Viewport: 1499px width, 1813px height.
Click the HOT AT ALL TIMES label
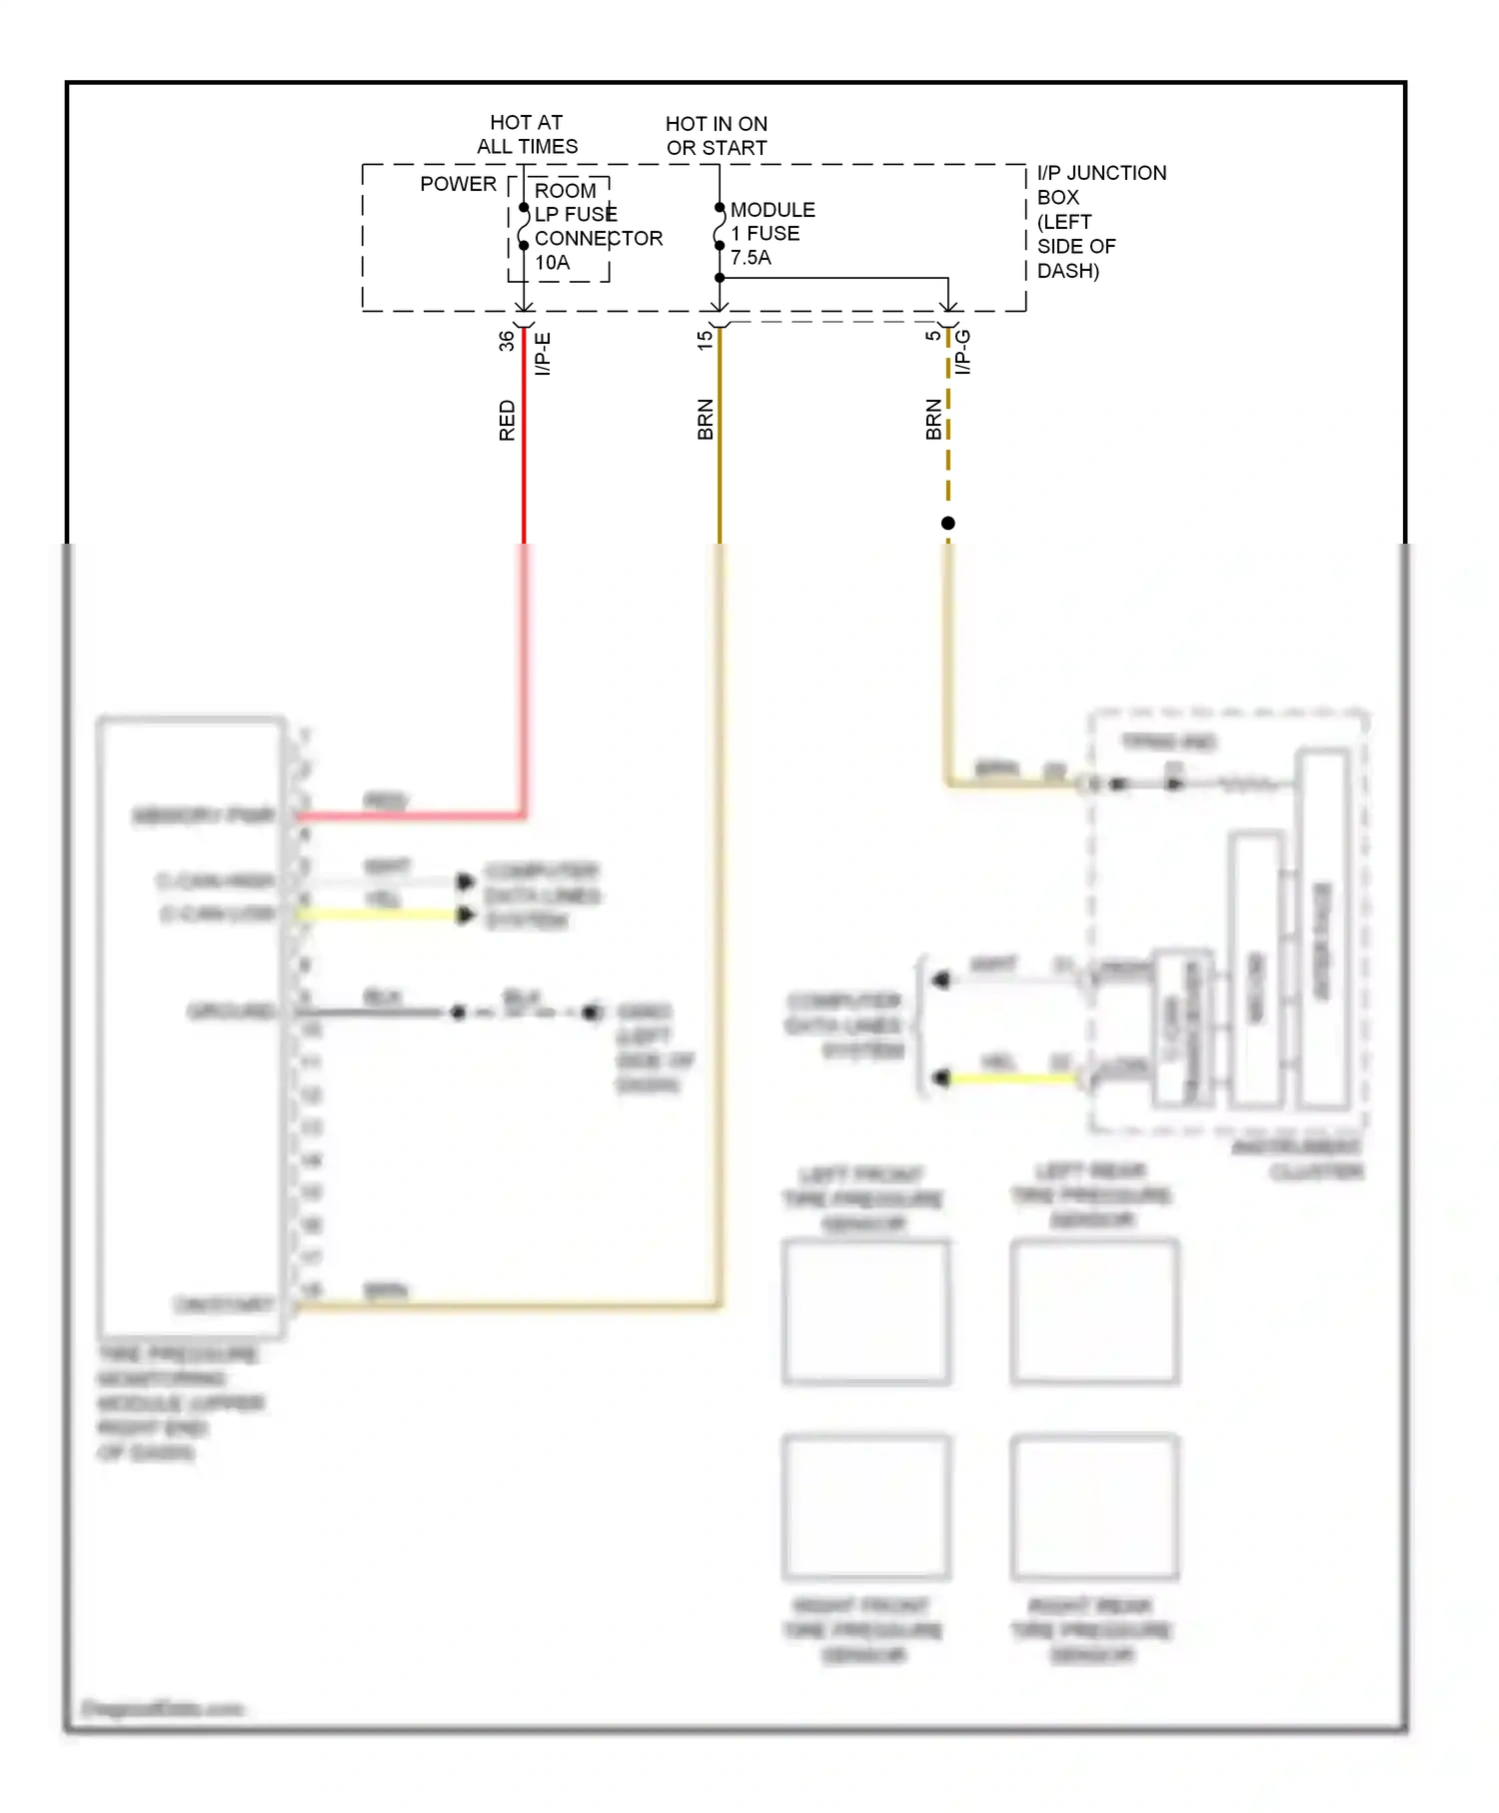527,134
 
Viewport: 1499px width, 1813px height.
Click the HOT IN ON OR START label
717,136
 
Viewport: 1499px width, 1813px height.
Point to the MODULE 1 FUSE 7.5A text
771,233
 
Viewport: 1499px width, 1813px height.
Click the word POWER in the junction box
458,184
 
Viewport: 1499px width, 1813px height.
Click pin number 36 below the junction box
507,340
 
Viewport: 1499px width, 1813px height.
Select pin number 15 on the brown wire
705,340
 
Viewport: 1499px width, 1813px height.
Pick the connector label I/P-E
543,355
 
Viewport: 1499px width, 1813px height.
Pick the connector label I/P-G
962,352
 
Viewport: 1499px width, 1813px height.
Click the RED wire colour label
507,421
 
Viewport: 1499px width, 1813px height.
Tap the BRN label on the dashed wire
932,420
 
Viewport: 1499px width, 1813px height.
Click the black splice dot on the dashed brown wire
948,523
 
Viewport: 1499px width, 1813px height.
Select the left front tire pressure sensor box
865,1311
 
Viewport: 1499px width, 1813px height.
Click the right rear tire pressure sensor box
1094,1507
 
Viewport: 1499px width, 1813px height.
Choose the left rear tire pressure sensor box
1094,1311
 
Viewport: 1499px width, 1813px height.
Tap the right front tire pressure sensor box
865,1507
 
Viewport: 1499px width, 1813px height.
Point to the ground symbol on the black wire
592,1012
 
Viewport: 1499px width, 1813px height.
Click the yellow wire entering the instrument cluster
1009,1078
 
